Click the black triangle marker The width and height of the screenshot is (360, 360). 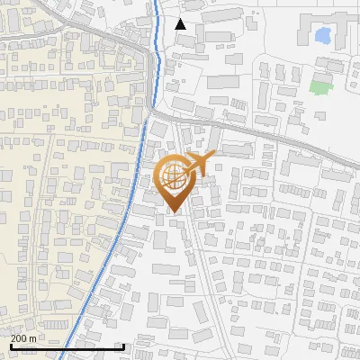181,24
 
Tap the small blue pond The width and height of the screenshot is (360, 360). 322,37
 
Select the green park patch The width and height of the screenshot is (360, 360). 320,88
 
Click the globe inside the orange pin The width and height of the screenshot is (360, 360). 172,176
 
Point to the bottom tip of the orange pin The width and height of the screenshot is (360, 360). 172,213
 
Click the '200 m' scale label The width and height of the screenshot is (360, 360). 23,337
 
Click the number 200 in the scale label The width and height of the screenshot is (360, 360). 19,337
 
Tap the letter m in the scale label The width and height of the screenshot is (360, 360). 32,338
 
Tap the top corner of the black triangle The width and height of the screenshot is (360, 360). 181,19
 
